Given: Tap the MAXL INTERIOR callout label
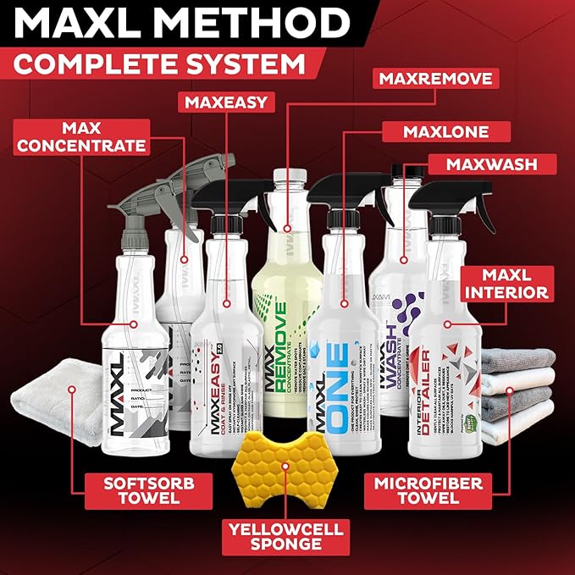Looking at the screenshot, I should pyautogui.click(x=506, y=283).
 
